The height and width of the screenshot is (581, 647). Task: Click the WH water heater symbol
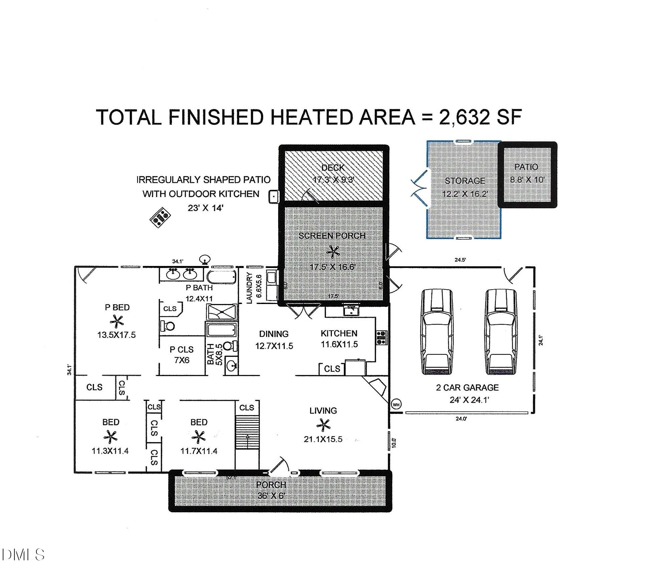pos(396,405)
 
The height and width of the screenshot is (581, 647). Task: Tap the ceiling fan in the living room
pos(323,425)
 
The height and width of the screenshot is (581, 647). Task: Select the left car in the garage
pos(438,332)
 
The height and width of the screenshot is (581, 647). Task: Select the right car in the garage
pos(501,332)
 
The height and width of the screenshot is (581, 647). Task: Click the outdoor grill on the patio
pos(160,217)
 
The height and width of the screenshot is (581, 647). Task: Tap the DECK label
pos(333,168)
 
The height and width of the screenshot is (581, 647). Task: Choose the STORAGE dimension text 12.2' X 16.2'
pos(465,194)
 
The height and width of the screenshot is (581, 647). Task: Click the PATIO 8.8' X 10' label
pos(526,173)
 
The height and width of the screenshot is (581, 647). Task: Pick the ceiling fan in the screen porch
pos(333,252)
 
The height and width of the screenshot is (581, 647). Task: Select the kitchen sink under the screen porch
pos(351,310)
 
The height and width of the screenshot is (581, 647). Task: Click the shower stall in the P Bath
pos(222,312)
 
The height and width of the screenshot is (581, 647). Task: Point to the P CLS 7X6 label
pos(182,354)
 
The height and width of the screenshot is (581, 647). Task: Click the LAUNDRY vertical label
pos(249,288)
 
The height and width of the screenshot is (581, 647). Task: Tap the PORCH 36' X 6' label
pos(271,490)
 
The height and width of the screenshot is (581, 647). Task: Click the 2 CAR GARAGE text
pos(467,387)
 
